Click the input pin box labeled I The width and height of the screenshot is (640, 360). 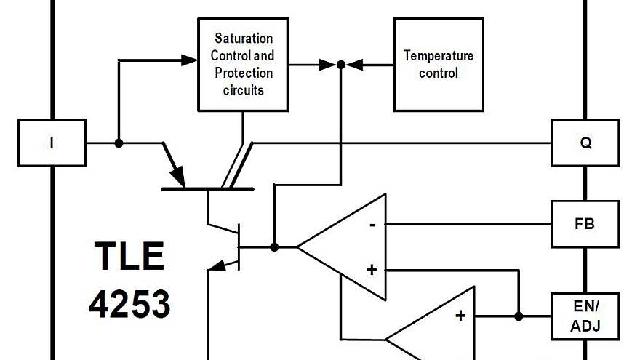point(51,143)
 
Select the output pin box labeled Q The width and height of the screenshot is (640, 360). point(585,143)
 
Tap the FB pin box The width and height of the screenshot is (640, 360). point(585,224)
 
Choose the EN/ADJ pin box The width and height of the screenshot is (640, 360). point(585,316)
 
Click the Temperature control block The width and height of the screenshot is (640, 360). point(439,65)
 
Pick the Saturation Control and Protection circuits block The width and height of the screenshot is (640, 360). point(244,64)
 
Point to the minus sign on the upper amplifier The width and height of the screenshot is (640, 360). point(372,224)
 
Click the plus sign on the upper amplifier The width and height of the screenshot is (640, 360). point(372,270)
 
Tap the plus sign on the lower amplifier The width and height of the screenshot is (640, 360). point(460,316)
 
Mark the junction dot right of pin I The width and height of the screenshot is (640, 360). point(119,143)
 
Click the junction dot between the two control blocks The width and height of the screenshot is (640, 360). point(340,65)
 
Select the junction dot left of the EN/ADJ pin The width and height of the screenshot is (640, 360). point(519,316)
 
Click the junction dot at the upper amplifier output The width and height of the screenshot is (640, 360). point(274,247)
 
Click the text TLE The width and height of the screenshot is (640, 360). point(129,257)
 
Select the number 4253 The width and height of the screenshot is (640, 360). point(129,303)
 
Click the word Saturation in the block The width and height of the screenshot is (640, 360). point(244,38)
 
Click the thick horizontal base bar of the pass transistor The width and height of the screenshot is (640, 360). point(207,189)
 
